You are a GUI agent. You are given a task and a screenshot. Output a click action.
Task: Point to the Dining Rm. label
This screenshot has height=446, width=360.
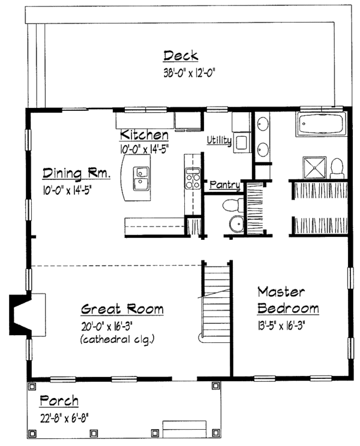pos(76,174)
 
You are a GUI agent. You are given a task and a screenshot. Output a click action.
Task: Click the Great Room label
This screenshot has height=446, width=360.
pos(122,309)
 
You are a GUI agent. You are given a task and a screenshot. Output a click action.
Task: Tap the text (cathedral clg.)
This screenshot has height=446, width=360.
pos(122,340)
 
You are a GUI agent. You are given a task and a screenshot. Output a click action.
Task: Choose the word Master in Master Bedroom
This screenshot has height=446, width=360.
pos(281,292)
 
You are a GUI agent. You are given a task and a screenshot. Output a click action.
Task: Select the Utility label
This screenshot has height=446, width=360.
pos(219,140)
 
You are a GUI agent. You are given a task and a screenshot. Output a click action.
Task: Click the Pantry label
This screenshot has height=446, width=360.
pos(225,186)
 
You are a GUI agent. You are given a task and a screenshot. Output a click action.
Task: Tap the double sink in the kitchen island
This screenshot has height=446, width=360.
pos(140,178)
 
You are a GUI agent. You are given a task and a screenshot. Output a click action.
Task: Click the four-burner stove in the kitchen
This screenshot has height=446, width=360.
pos(193,179)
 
